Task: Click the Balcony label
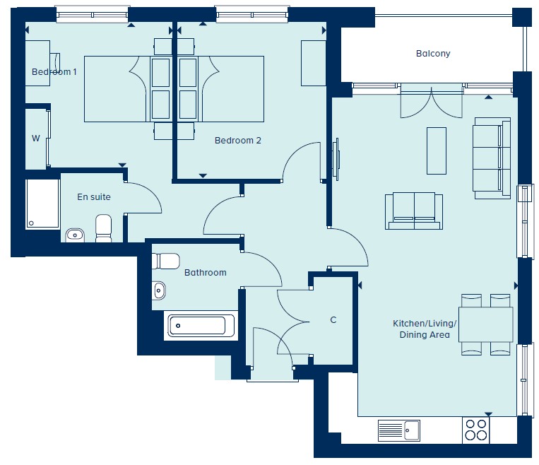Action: tap(433, 54)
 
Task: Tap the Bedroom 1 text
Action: tap(54, 72)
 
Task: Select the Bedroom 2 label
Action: tap(238, 141)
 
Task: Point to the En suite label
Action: tap(94, 196)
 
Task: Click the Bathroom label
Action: tap(206, 272)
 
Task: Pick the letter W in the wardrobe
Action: tap(36, 139)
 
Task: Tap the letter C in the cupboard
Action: tap(333, 320)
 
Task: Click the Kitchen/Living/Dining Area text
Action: tap(425, 329)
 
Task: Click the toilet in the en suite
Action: tap(103, 228)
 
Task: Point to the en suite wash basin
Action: tap(75, 235)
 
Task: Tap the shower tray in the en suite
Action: tap(42, 204)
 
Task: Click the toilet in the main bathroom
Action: tap(166, 261)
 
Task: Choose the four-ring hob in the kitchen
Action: tap(475, 430)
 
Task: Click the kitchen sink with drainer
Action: tap(398, 430)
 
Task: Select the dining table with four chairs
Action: tap(486, 324)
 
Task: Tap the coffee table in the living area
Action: tap(437, 151)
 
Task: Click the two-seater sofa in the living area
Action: tap(414, 211)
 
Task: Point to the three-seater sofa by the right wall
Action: tap(492, 158)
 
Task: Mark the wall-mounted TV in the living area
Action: tap(336, 159)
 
